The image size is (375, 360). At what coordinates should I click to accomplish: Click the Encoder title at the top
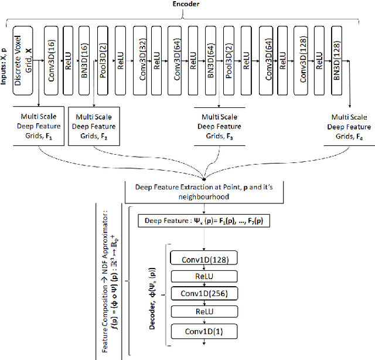[x=187, y=4]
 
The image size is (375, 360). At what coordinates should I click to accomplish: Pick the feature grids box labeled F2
[x=94, y=125]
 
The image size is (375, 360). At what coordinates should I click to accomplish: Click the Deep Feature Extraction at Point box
[x=203, y=191]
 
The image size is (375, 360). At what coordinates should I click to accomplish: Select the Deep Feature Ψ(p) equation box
[x=203, y=221]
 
